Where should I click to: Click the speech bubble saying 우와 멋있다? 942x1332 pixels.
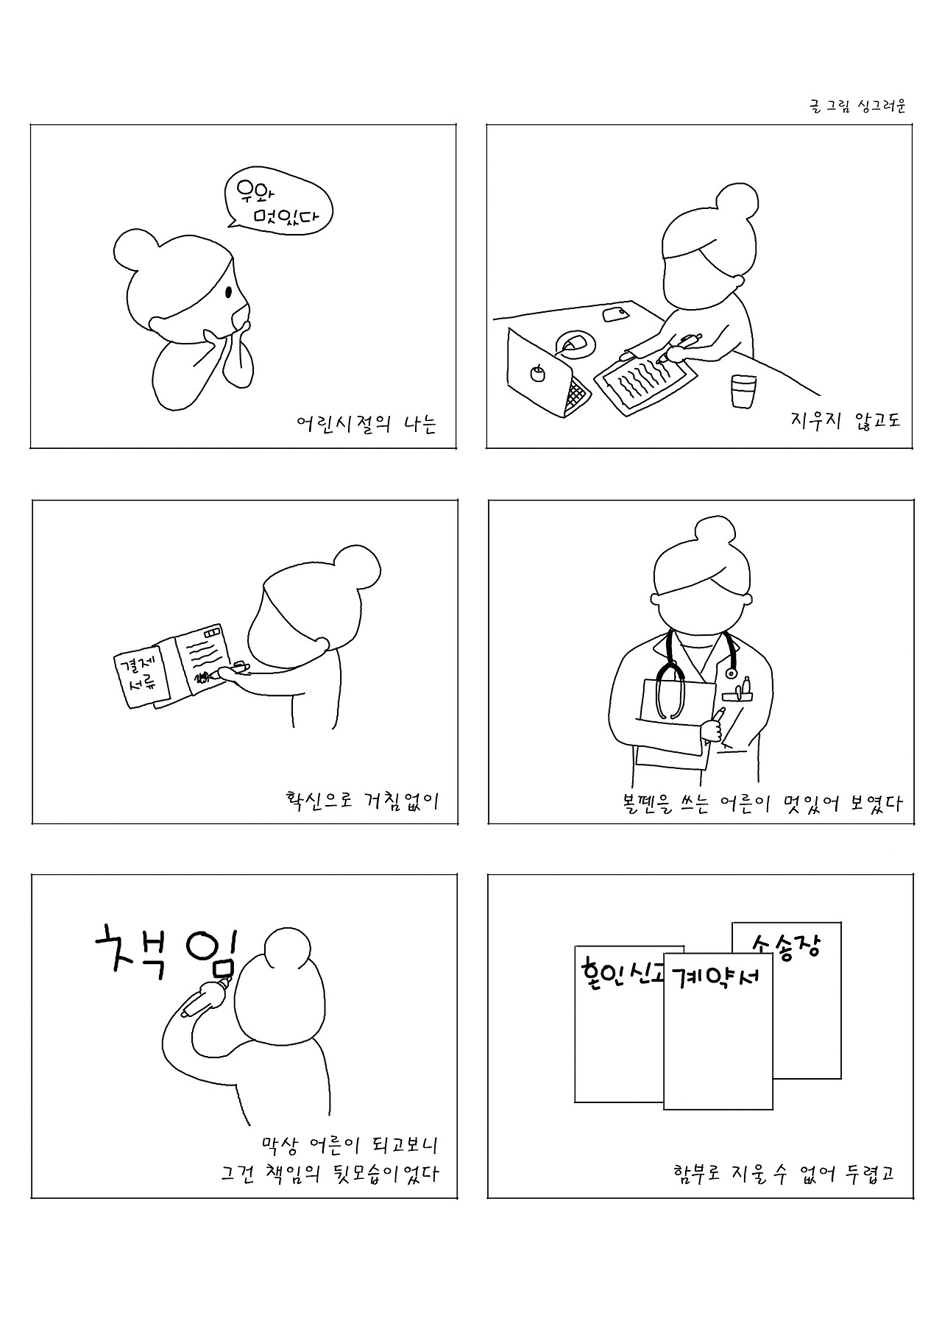click(278, 203)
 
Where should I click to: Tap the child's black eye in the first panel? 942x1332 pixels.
click(229, 293)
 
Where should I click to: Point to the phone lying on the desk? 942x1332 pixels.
click(615, 314)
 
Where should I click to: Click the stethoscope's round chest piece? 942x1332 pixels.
click(731, 672)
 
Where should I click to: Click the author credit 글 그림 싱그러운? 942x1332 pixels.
click(857, 106)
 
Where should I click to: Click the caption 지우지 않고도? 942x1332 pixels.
click(845, 421)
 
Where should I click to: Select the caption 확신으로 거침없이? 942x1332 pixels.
click(362, 801)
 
